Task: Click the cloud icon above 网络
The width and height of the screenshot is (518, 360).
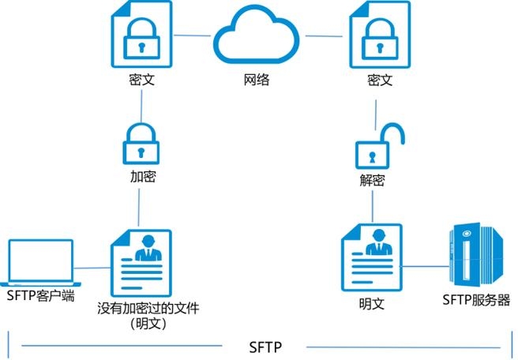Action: click(x=258, y=36)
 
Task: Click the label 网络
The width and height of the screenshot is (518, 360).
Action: click(x=258, y=80)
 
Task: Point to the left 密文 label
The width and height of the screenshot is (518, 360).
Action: click(x=141, y=80)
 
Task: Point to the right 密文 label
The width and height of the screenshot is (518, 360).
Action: click(x=379, y=80)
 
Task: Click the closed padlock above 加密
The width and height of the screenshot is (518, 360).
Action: click(x=141, y=141)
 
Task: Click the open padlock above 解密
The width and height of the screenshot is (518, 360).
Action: click(x=378, y=144)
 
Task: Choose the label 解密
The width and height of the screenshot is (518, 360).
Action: click(x=370, y=180)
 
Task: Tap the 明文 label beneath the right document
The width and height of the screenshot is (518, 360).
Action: click(x=370, y=302)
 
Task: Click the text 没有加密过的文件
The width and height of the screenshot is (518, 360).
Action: click(x=148, y=309)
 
